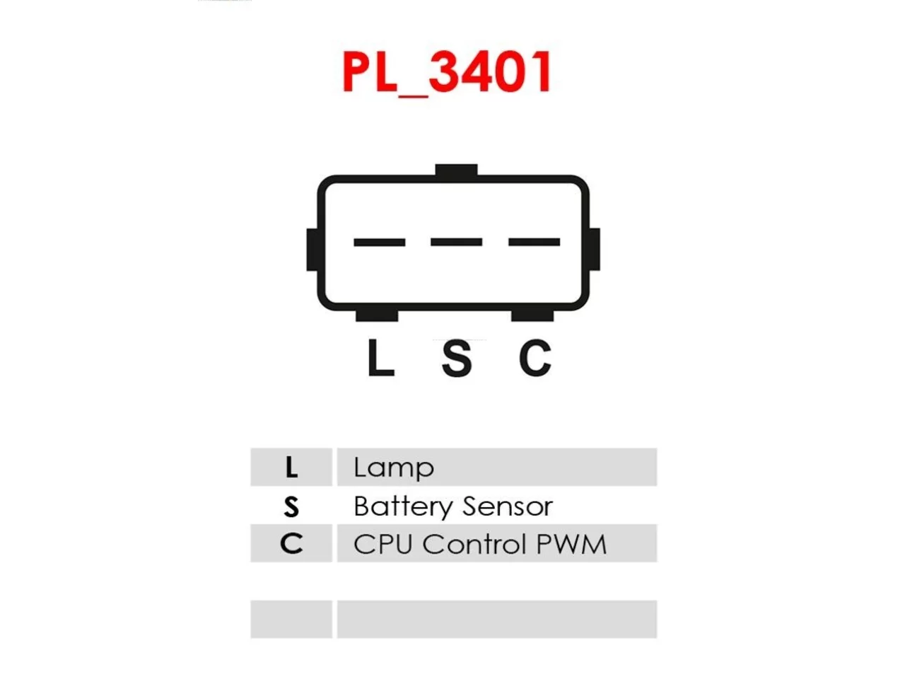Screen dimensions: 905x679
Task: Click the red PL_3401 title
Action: [448, 73]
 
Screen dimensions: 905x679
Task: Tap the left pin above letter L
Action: [379, 242]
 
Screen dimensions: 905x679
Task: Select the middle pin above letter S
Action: [457, 242]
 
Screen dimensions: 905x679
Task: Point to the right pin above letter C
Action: [534, 242]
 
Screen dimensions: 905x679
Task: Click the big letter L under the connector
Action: [380, 357]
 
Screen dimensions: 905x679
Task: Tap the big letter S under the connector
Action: [457, 358]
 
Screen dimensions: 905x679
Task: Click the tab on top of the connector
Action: [457, 170]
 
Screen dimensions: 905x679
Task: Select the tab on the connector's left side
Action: [312, 250]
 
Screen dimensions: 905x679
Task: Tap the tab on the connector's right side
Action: [594, 250]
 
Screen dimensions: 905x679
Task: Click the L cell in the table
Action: [291, 467]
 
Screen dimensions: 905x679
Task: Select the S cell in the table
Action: [291, 506]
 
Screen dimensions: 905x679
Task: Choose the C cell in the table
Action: [291, 543]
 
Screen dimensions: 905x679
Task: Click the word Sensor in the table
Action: [508, 506]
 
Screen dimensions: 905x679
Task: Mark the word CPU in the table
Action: [383, 544]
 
